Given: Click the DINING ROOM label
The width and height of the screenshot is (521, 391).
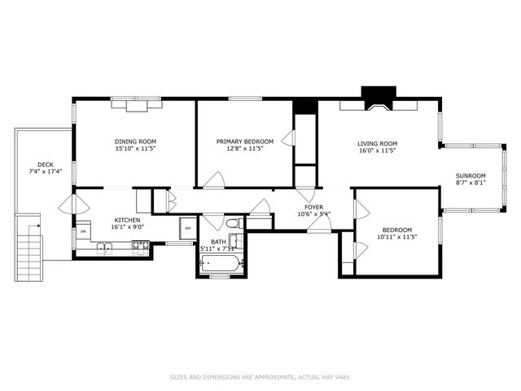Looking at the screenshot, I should (x=135, y=142).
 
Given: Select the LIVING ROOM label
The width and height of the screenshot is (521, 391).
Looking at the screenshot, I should (x=377, y=143).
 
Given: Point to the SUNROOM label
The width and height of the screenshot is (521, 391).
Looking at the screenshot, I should (x=471, y=176).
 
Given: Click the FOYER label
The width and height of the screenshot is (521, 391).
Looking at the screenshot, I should (x=314, y=208).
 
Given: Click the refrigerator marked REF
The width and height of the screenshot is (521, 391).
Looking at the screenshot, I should (x=187, y=229).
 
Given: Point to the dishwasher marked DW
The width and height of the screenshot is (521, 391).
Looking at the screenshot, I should (x=83, y=232).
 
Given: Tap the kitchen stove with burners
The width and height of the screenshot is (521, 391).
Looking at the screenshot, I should (x=139, y=248).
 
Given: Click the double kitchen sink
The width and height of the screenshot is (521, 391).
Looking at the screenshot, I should (x=107, y=248).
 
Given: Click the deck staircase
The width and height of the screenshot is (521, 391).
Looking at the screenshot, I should (x=28, y=244).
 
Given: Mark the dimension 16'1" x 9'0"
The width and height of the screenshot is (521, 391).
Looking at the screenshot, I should (x=127, y=228).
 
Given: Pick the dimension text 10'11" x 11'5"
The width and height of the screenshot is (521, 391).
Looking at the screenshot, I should (x=397, y=238).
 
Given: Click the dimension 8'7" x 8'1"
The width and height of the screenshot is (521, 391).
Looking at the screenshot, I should (x=471, y=183).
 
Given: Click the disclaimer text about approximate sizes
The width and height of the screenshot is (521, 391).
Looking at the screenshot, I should (x=260, y=377).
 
